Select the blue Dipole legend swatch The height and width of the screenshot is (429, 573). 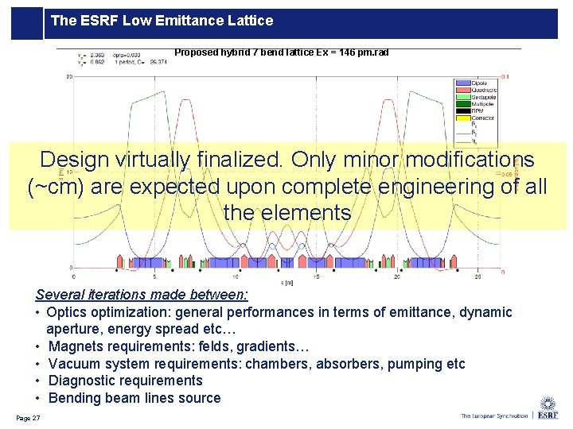coord(462,83)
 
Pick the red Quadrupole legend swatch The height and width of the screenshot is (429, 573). coord(462,90)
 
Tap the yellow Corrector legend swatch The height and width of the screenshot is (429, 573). coord(462,118)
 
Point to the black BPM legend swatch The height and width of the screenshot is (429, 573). coord(462,111)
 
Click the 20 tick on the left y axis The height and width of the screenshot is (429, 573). coord(69,77)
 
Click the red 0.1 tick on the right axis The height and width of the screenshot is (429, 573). coord(505,77)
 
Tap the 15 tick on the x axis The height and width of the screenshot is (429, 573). coord(317,277)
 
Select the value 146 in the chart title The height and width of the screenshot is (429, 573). coord(345,52)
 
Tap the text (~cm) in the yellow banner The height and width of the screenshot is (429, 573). coord(53,187)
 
